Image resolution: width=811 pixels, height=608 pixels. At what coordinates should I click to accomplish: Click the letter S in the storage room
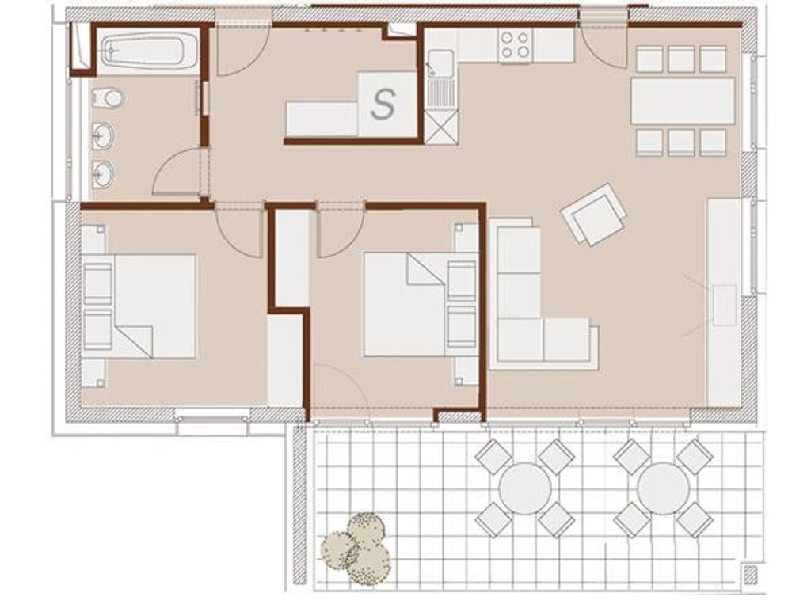click(x=383, y=104)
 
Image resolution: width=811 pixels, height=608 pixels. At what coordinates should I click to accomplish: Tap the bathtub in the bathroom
click(x=148, y=50)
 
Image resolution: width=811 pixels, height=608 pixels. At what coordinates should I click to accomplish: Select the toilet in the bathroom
click(x=108, y=97)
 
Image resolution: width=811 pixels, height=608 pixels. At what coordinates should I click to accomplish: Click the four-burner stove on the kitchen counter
click(x=516, y=44)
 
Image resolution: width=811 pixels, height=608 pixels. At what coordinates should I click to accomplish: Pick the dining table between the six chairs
click(x=682, y=101)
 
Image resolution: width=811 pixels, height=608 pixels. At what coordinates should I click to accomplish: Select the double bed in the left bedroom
click(x=139, y=306)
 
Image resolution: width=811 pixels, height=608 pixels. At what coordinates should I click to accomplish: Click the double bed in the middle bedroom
click(x=420, y=305)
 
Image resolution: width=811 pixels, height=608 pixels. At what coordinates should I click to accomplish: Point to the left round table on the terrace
click(x=524, y=488)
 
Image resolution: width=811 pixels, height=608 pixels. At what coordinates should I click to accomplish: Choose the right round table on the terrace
click(x=663, y=488)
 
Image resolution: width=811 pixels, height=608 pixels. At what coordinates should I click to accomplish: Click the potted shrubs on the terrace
click(x=359, y=547)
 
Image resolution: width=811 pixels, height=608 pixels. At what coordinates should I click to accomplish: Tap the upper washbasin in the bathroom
click(x=104, y=136)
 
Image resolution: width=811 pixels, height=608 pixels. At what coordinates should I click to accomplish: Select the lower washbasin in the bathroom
click(x=104, y=174)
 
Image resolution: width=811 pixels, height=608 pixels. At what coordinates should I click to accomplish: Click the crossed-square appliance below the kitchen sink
click(x=441, y=127)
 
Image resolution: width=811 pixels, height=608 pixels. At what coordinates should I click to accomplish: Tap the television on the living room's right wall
click(x=724, y=305)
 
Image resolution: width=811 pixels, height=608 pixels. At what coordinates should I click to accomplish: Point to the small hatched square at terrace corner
click(x=749, y=573)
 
